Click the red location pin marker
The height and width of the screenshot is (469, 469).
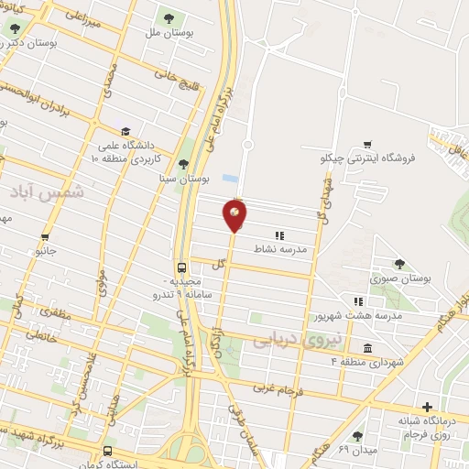[x=234, y=215]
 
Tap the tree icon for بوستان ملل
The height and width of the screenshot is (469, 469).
[x=168, y=17]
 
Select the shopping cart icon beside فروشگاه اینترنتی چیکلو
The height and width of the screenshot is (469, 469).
[x=367, y=144]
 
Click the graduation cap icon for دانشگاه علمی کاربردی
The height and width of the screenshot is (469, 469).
[x=125, y=131]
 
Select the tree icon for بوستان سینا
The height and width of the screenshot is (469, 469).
[x=183, y=164]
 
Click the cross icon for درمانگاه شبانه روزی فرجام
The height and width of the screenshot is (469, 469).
[x=426, y=407]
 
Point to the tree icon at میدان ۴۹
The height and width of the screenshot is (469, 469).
[x=356, y=436]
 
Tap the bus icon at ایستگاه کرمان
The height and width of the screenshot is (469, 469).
[x=108, y=451]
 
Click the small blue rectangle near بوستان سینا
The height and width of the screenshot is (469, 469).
[x=230, y=178]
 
